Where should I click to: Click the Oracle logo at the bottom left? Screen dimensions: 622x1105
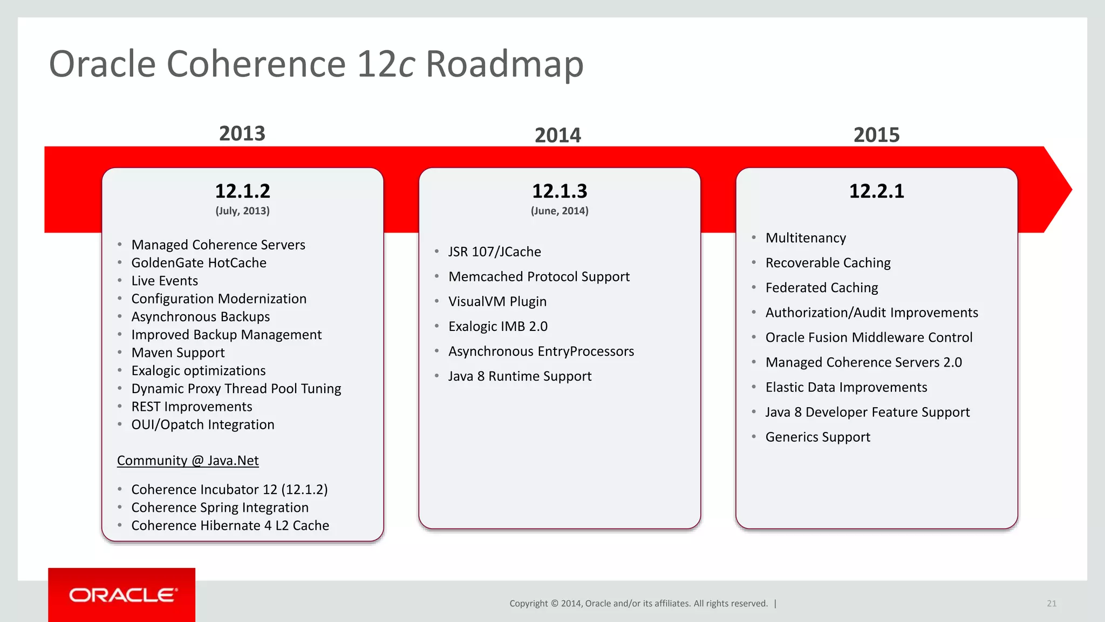(122, 594)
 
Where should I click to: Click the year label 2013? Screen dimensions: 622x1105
(242, 133)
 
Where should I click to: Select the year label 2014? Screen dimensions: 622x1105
(557, 135)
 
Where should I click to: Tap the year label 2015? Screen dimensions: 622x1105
(876, 134)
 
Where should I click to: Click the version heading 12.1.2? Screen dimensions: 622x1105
(242, 191)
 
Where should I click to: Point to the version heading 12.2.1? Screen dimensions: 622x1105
(876, 191)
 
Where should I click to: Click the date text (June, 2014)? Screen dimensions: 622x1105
(560, 211)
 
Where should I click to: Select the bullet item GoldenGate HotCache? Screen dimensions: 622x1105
(199, 262)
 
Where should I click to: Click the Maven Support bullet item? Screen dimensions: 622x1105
(178, 353)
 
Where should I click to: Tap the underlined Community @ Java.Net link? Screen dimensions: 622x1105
(188, 461)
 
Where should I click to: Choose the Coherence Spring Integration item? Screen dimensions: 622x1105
(220, 508)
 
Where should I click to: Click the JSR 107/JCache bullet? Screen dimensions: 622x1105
(494, 252)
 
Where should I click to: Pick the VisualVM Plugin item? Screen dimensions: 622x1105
(497, 301)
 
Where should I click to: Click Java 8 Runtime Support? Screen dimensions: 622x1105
(520, 376)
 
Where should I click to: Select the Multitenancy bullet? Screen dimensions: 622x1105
(806, 238)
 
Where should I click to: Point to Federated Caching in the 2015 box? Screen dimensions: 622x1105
(821, 287)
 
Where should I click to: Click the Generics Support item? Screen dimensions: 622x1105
(817, 437)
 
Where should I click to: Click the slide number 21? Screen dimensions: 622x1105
(1051, 604)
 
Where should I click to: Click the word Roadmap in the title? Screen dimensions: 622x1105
(504, 64)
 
